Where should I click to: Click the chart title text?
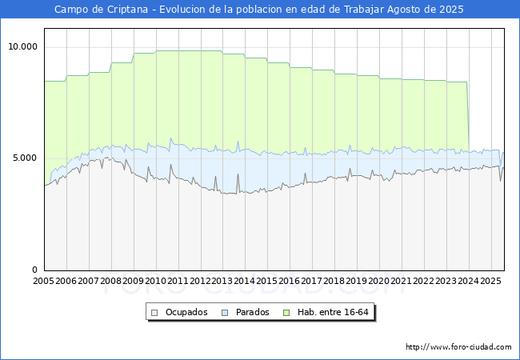coord(259,10)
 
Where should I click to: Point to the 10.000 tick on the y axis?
coord(23,46)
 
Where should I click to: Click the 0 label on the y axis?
coord(35,270)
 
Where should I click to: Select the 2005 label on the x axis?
coord(44,281)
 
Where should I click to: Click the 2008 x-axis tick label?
coord(111,281)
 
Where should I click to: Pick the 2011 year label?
coord(178,281)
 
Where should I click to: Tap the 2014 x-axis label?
coord(245,281)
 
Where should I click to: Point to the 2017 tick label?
coord(312,281)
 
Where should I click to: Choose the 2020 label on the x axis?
coord(379,281)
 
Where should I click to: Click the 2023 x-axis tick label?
coord(446,281)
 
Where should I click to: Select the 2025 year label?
coord(490,281)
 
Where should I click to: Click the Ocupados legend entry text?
coord(186,312)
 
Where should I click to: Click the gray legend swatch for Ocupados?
coord(156,312)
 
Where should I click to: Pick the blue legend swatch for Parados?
coord(226,312)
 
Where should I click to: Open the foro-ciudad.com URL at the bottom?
coord(458,347)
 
